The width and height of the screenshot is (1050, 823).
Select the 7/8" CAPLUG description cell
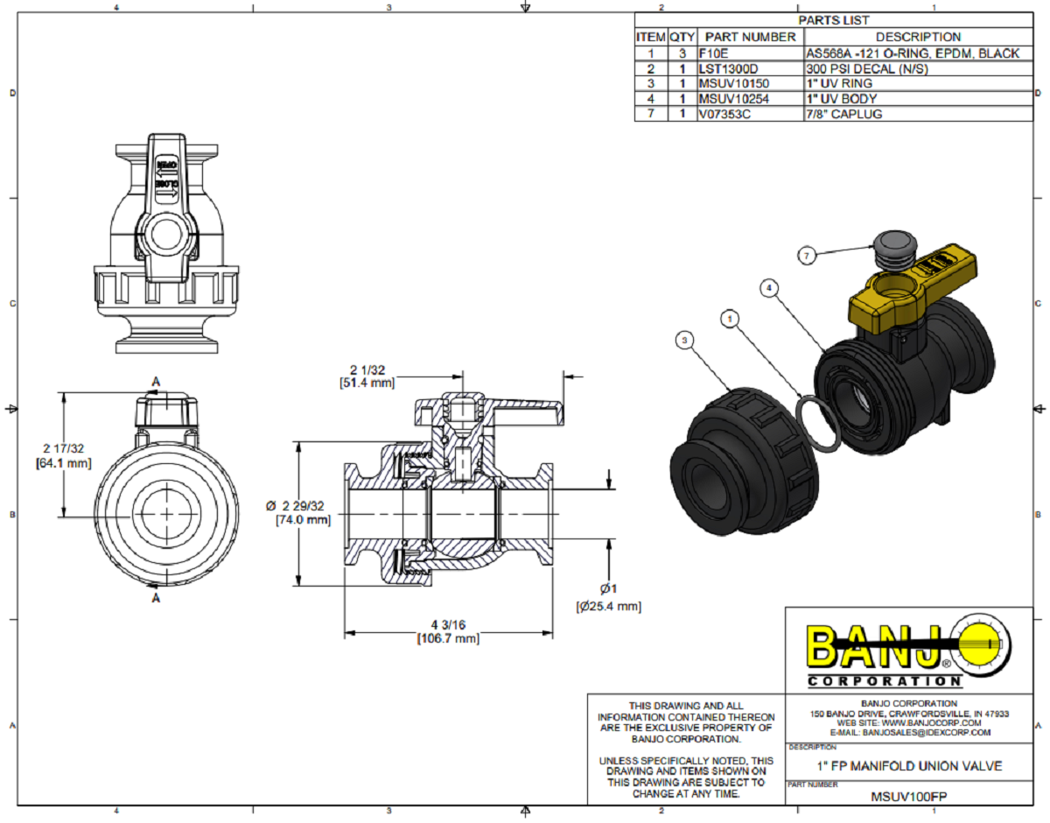[843, 114]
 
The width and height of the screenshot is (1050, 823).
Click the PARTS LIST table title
[834, 19]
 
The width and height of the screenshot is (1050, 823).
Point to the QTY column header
[682, 37]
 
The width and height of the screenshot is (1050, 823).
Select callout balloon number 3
[686, 338]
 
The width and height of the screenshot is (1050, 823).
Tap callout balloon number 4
[768, 287]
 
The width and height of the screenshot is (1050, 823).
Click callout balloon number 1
[729, 319]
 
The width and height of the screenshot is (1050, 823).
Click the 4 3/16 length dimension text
[447, 624]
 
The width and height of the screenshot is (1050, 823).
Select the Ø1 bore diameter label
[609, 588]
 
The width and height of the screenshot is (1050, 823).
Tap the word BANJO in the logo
[875, 646]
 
